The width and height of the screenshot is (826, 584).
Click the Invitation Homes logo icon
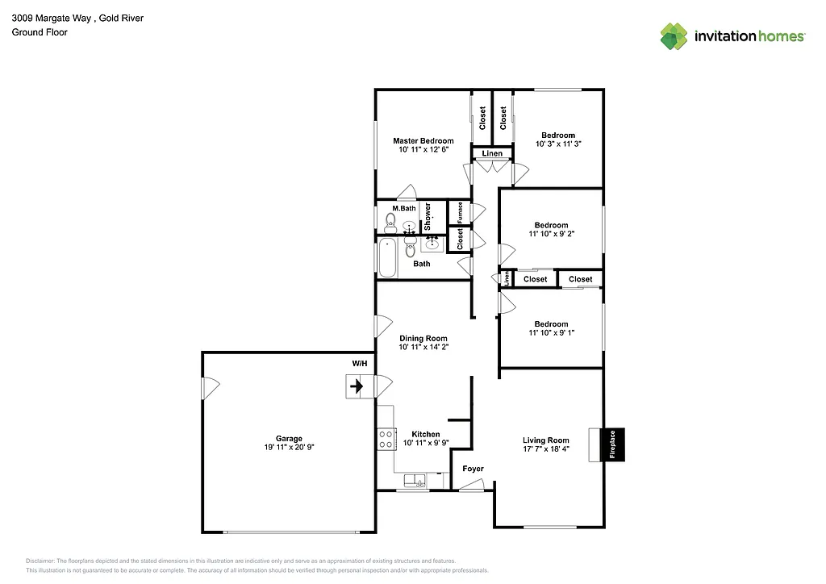[674, 36]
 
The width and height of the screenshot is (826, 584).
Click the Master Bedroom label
[423, 140]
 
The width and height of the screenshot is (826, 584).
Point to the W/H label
[359, 364]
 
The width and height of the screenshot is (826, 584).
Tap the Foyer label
[473, 468]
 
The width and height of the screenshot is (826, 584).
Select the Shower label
[428, 215]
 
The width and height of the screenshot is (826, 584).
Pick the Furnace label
[460, 212]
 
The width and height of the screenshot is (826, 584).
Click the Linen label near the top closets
[492, 153]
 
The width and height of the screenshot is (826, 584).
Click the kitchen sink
[417, 482]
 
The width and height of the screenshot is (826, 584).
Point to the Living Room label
[545, 440]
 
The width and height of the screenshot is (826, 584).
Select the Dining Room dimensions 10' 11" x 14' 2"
[423, 347]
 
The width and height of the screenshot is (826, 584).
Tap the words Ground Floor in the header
[40, 32]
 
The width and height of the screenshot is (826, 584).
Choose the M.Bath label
[403, 208]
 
